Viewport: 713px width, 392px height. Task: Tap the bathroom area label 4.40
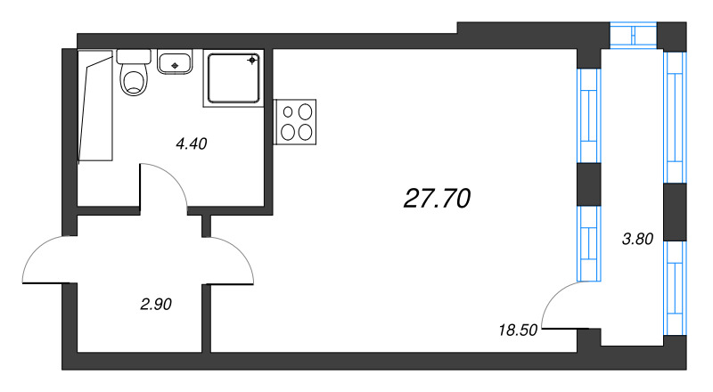click(192, 143)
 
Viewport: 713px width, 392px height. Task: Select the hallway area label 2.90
click(156, 304)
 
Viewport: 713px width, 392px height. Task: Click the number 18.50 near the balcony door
click(517, 330)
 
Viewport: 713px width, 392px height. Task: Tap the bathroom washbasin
click(176, 62)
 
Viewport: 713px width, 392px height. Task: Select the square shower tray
click(234, 78)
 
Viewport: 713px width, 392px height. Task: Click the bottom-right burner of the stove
click(306, 131)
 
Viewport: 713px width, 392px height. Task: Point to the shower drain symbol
click(252, 61)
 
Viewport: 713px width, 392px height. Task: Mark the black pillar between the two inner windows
click(589, 184)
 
